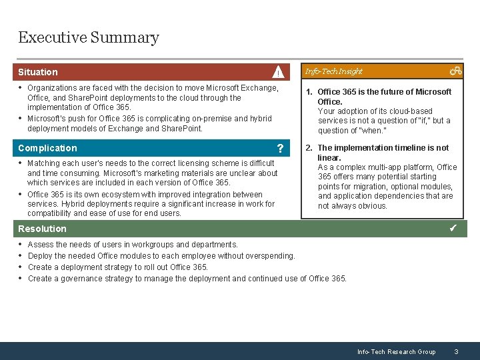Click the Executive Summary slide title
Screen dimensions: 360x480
pos(89,37)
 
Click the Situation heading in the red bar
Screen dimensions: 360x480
pos(38,72)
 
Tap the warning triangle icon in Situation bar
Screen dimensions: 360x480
pos(278,72)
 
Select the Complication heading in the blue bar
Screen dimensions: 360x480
pos(47,148)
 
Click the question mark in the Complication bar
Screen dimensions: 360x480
pos(281,149)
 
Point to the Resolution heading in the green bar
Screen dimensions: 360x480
pos(42,229)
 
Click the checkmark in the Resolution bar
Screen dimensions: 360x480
pos(453,229)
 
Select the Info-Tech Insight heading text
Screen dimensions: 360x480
pos(333,71)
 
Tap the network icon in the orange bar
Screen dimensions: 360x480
pos(455,71)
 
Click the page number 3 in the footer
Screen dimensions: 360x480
pos(456,351)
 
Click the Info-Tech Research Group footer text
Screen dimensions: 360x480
pos(396,351)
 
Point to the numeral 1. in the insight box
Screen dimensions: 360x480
pos(309,92)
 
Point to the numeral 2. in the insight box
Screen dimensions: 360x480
pos(309,148)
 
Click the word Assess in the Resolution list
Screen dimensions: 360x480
pos(41,245)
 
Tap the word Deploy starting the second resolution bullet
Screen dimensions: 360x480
pos(41,256)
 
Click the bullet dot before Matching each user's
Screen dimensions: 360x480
pos(21,163)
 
